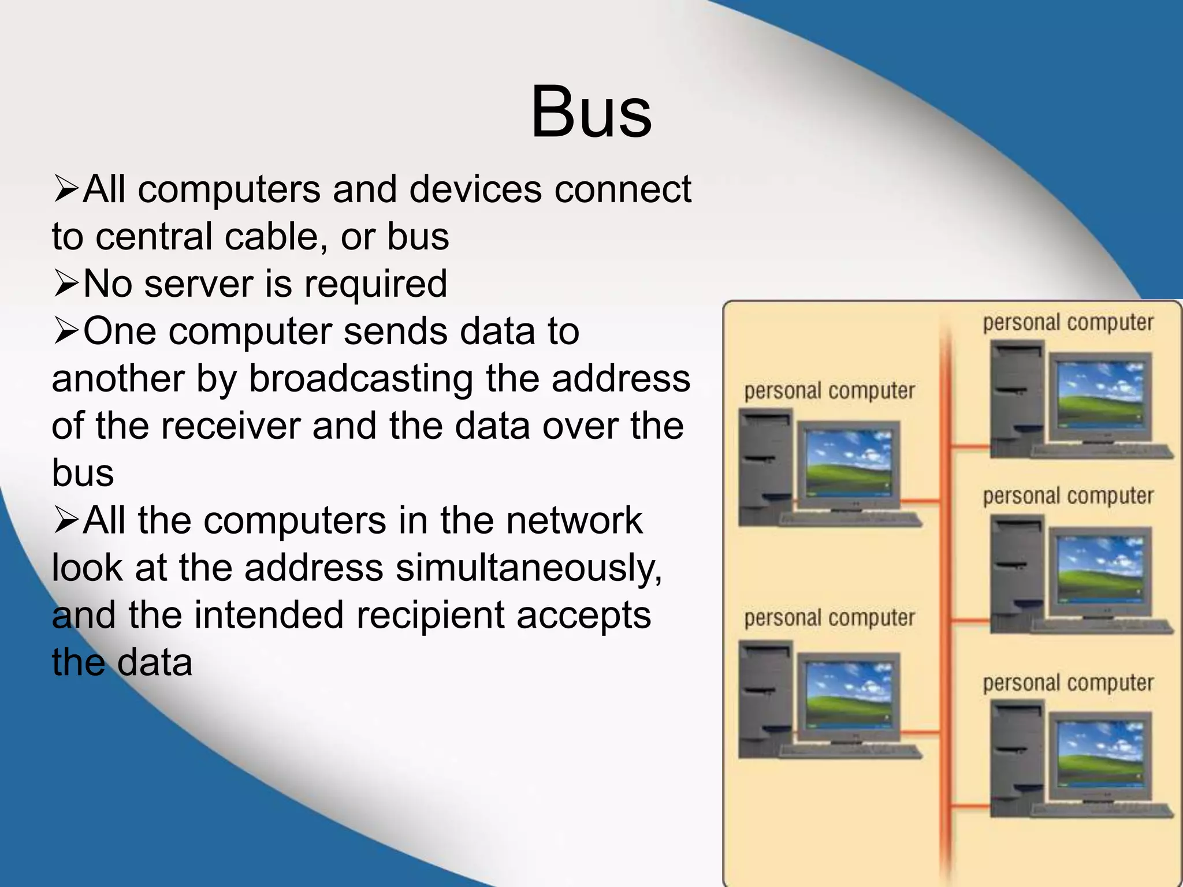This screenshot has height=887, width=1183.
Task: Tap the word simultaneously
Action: (x=529, y=568)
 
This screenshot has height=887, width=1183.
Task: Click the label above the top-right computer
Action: (x=1068, y=323)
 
